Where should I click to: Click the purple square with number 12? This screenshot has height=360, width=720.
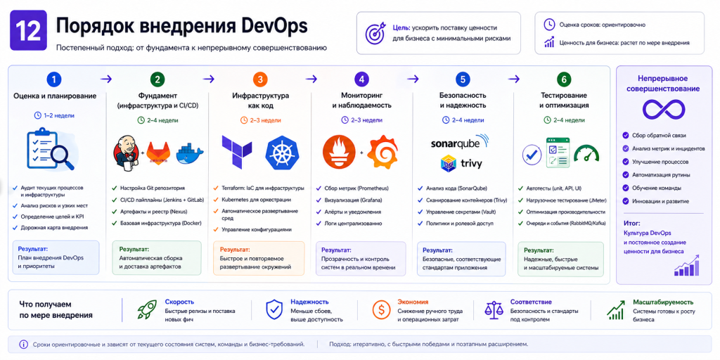(28, 30)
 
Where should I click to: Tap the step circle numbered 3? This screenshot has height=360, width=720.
(259, 79)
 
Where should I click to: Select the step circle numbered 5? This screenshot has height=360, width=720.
(462, 79)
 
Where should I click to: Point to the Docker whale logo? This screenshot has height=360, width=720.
(189, 152)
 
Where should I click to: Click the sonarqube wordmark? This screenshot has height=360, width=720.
(460, 142)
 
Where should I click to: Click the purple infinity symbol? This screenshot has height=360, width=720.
(664, 109)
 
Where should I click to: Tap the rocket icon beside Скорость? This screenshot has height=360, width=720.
(147, 309)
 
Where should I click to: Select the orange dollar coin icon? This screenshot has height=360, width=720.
(381, 309)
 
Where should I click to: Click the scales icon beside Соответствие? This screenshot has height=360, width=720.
(494, 309)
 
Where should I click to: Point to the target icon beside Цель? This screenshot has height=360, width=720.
(375, 33)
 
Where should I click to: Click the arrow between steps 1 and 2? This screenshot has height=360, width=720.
(106, 79)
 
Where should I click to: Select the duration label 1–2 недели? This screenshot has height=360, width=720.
(54, 116)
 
